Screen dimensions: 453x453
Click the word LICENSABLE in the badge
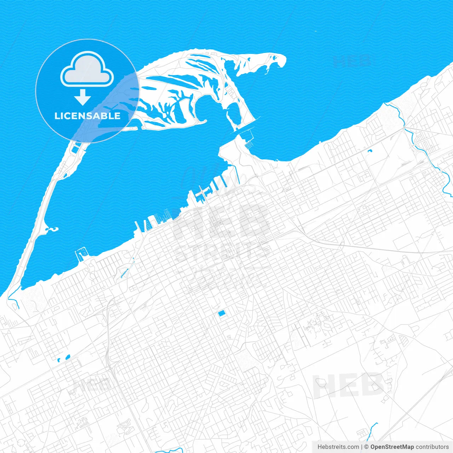(87, 116)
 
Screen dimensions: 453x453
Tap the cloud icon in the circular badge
(87, 70)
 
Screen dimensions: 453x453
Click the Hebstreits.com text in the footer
(338, 447)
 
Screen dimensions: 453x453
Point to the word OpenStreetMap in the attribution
(392, 447)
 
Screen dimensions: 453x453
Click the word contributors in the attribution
(432, 447)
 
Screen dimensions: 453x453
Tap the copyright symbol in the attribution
(367, 447)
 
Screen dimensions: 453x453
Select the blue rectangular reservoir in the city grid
(222, 313)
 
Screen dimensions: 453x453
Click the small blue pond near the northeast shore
(370, 151)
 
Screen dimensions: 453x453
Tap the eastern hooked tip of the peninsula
(280, 60)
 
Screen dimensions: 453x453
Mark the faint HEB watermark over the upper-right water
(352, 61)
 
